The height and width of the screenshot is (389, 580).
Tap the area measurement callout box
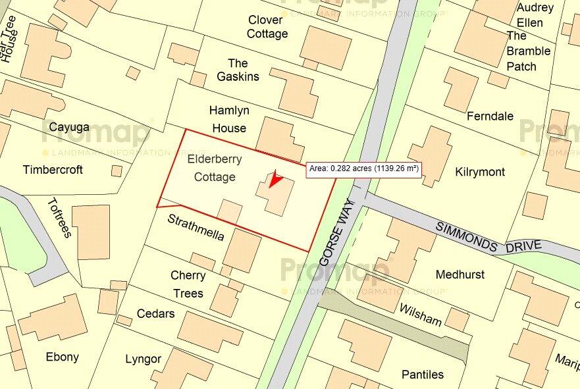pos(364,169)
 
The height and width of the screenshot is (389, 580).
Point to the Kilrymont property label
pos(480,172)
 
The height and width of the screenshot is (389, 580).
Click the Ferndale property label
pos(490,117)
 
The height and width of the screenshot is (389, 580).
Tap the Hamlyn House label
pos(228,119)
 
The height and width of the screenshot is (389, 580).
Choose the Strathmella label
pos(196,226)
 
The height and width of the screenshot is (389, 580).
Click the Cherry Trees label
pos(188,284)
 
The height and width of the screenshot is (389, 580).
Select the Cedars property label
pos(156,313)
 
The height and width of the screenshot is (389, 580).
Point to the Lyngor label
pos(143,359)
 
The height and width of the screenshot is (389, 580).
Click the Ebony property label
pos(62,357)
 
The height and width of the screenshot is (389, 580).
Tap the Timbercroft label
pos(53,170)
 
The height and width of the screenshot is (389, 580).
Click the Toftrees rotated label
pos(59,218)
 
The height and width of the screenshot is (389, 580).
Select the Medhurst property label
pos(460,274)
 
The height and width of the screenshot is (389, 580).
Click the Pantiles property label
pos(423,375)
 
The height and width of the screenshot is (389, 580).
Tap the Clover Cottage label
pos(267,27)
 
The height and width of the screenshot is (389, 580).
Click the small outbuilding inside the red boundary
pos(230,212)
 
